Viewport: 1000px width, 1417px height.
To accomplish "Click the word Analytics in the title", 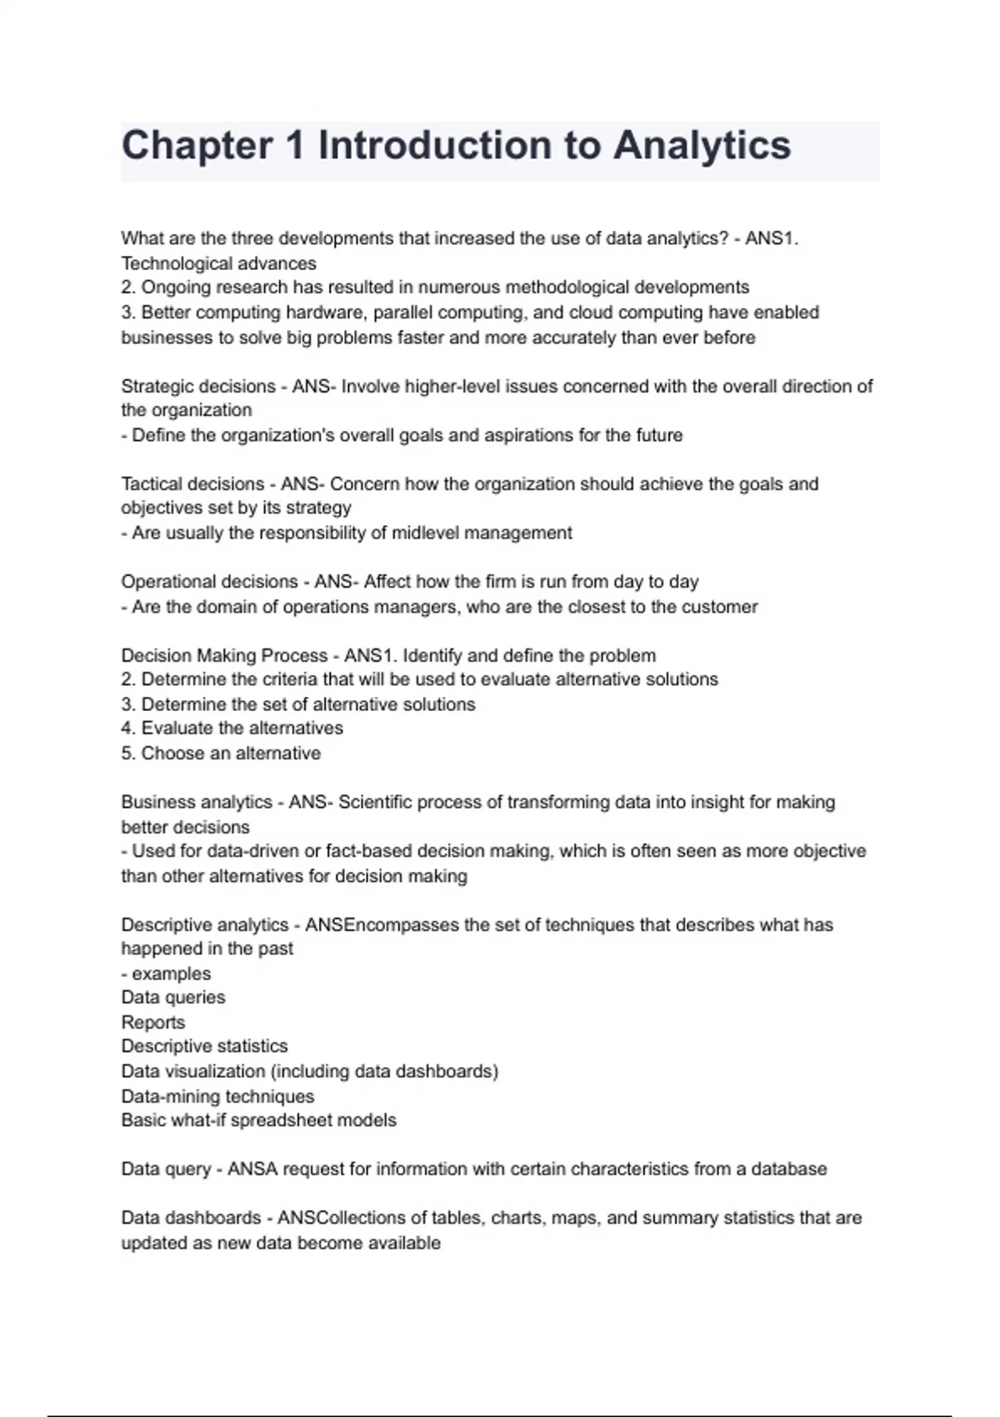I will (702, 146).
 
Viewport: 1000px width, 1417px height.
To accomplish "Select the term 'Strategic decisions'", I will (198, 386).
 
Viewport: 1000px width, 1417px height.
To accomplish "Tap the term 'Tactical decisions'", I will (192, 483).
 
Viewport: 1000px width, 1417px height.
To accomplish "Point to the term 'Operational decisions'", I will (209, 581).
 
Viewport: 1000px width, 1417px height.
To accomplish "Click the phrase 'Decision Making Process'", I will (224, 655).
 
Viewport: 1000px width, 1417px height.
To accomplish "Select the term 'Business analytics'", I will (197, 802).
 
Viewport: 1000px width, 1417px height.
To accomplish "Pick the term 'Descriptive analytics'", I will (205, 924).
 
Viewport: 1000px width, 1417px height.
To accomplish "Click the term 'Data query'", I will (166, 1169).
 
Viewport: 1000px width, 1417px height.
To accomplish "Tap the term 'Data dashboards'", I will (191, 1218).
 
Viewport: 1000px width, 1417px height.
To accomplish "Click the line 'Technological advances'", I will (219, 263).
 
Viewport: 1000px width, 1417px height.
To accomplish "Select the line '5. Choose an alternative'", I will (221, 753).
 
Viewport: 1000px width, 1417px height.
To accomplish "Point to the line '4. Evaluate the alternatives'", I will (232, 728).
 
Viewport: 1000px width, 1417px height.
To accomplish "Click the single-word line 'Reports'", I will (153, 1022).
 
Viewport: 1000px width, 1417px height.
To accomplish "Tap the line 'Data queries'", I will (173, 997).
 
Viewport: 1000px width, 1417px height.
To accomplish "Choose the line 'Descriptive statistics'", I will (204, 1046).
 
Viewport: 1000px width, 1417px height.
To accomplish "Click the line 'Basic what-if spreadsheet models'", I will (258, 1119).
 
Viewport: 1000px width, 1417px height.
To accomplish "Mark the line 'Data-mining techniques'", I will (217, 1096).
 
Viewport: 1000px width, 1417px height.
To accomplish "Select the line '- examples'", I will (166, 974).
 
